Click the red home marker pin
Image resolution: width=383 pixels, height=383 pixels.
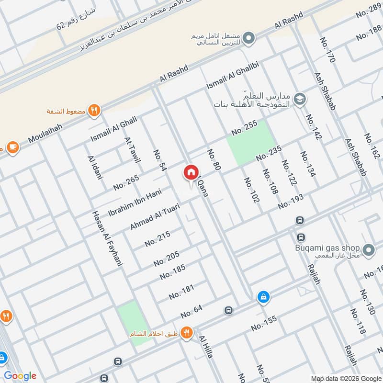point(191,172)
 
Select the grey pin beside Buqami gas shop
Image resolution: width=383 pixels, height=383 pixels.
point(368,250)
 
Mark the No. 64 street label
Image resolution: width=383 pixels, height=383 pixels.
point(191,311)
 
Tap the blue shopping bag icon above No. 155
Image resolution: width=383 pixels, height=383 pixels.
point(263,297)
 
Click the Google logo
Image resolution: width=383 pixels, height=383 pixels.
point(20,375)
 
